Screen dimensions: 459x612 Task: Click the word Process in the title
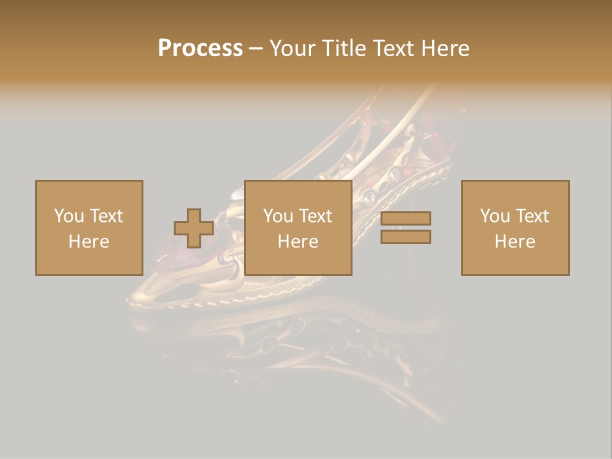pos(200,48)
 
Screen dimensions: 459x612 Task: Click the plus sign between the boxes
pos(194,228)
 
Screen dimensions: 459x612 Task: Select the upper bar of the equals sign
pos(405,218)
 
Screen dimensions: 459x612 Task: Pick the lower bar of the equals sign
pos(405,237)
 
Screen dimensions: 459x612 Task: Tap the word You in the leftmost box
pos(68,216)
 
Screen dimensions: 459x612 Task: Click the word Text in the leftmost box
pos(105,216)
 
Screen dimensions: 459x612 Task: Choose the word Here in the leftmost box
pos(89,242)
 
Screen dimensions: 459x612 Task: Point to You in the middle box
pos(278,216)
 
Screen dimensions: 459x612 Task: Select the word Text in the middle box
pos(315,216)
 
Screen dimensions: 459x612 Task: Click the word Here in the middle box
pos(298,242)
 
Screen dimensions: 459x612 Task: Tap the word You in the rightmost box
pos(495,216)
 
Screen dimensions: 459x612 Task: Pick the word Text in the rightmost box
pos(532,216)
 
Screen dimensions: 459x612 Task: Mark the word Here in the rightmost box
pos(515,242)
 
